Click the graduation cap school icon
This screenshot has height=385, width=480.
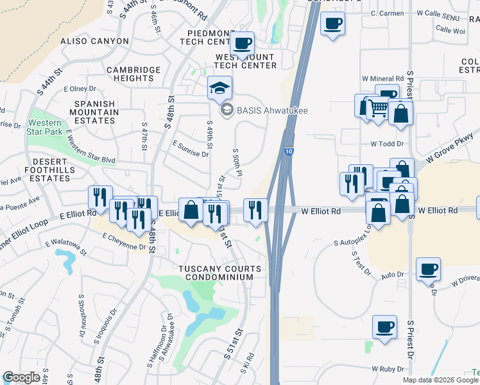[219, 89]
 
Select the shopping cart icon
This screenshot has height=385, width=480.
[379, 109]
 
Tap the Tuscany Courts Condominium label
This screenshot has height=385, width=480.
[220, 273]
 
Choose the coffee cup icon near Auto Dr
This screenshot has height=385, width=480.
[428, 269]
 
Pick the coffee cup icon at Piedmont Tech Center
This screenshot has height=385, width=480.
[242, 44]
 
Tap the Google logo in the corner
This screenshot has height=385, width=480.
[22, 378]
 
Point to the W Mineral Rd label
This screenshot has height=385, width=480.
[382, 79]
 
